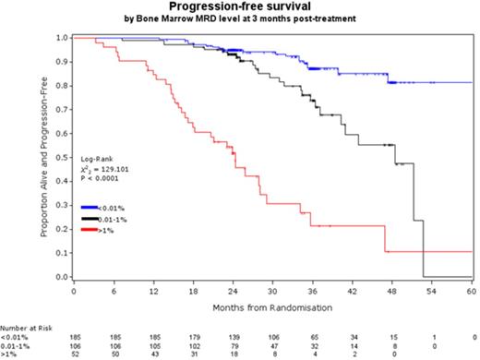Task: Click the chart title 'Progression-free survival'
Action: click(x=243, y=7)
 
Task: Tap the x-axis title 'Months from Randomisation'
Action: click(x=272, y=305)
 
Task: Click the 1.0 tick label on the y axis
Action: click(x=61, y=38)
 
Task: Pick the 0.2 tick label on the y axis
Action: click(x=61, y=229)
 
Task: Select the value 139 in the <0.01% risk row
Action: click(x=233, y=337)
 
